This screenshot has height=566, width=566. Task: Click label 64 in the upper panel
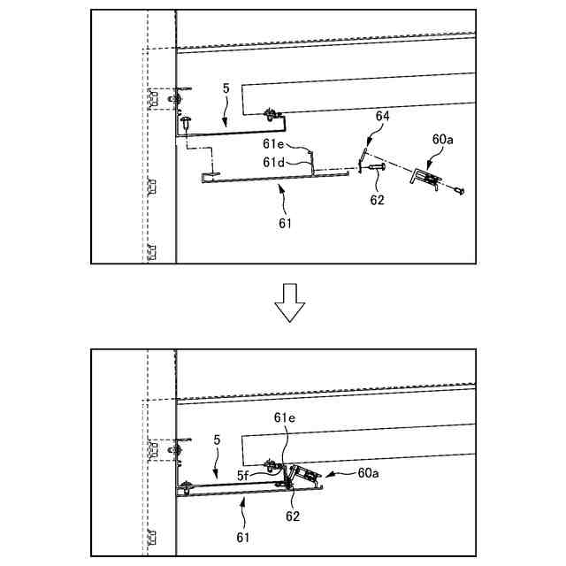[383, 116]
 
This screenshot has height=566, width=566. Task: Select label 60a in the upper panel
[442, 140]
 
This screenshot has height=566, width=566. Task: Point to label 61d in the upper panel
[273, 162]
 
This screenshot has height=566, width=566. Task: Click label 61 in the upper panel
[285, 223]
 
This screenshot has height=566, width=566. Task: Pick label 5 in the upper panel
[226, 89]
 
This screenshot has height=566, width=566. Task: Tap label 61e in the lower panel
[284, 417]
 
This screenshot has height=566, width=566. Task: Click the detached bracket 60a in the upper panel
[426, 180]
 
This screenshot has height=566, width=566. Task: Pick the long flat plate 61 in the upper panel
[265, 178]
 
